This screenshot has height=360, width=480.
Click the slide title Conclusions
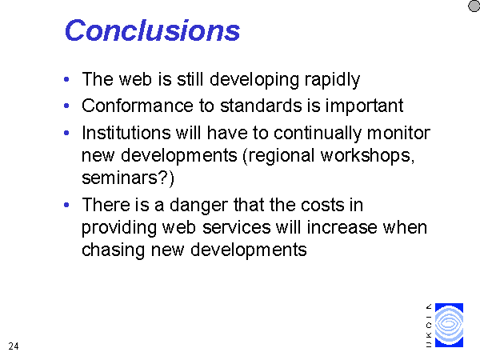(x=152, y=30)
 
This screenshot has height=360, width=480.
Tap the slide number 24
(x=14, y=346)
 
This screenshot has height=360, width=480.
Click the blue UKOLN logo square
(x=449, y=325)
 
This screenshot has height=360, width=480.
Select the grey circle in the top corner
(x=474, y=6)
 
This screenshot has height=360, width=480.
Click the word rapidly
(x=332, y=80)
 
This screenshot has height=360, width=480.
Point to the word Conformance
(x=138, y=106)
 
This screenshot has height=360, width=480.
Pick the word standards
(x=261, y=106)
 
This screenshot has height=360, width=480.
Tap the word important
(x=364, y=106)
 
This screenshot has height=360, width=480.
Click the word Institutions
(x=126, y=133)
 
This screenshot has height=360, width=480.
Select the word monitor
(x=398, y=133)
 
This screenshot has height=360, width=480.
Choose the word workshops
(x=367, y=156)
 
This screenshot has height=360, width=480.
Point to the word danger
(x=199, y=206)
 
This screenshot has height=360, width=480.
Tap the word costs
(x=322, y=205)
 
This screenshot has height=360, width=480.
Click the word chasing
(x=113, y=250)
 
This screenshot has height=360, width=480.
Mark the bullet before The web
(x=66, y=79)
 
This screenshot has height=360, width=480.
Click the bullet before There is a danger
(x=66, y=205)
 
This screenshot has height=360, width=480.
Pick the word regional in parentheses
(x=279, y=156)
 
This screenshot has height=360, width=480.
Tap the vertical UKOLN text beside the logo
(x=429, y=326)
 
